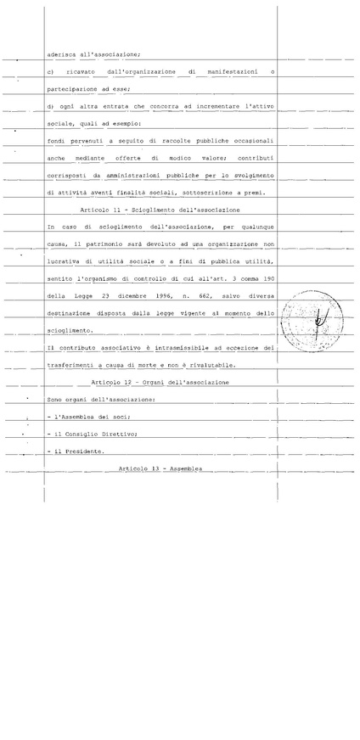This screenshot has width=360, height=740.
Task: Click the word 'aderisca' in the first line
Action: [x=62, y=53]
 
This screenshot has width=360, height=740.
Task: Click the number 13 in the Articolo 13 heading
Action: [x=154, y=468]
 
